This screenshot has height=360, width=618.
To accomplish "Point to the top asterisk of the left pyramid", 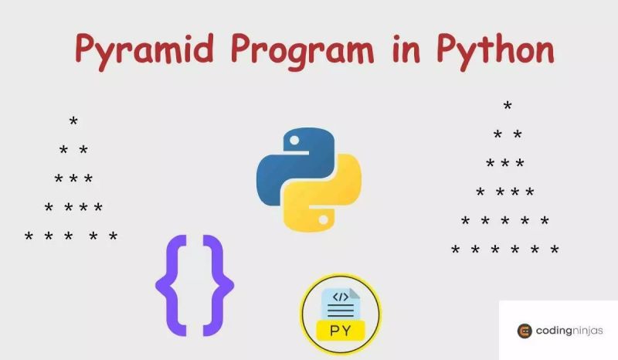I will click(73, 123).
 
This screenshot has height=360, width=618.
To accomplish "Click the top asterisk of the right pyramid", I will click(508, 107).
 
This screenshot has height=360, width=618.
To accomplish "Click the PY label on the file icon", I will click(341, 330).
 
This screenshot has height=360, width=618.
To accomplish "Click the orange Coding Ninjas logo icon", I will click(525, 331).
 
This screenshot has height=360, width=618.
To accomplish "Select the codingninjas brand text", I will click(572, 331).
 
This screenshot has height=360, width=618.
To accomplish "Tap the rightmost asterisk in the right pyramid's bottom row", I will click(554, 250).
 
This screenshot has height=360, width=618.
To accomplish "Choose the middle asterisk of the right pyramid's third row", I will click(505, 164).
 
